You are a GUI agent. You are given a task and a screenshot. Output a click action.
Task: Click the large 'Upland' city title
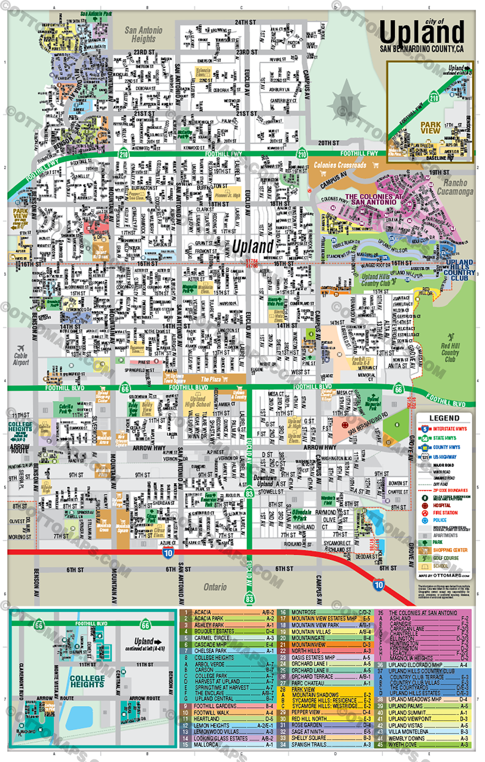(x=422, y=33)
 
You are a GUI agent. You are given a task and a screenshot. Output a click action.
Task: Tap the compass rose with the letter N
(x=347, y=105)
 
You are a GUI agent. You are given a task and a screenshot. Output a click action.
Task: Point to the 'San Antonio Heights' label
(x=143, y=34)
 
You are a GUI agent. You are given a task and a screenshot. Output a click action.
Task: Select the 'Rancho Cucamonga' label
(x=455, y=187)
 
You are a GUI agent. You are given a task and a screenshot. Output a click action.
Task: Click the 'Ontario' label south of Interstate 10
(x=215, y=587)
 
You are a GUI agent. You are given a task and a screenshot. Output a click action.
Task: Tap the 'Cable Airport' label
(x=21, y=359)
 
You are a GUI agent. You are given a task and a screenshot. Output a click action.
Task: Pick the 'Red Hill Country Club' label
(x=450, y=352)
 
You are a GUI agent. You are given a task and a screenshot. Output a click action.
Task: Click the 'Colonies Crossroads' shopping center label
(x=340, y=165)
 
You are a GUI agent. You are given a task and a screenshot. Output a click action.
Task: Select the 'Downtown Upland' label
(x=265, y=481)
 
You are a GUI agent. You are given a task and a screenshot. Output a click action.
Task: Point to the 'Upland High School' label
(x=197, y=401)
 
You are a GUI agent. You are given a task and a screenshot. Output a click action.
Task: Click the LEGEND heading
(x=444, y=418)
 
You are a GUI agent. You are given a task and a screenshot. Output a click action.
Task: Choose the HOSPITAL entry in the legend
(x=442, y=505)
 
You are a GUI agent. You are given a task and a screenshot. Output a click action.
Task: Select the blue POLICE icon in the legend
(x=424, y=520)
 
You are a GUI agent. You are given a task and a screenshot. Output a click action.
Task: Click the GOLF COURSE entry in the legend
(x=446, y=558)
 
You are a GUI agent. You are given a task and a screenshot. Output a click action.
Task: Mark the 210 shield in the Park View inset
(x=434, y=98)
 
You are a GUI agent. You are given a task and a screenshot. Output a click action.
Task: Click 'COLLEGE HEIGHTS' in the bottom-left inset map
(x=87, y=681)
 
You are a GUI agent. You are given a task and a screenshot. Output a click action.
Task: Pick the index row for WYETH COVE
(x=423, y=745)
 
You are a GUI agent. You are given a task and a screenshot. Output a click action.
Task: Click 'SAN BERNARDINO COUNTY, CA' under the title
(x=422, y=49)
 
